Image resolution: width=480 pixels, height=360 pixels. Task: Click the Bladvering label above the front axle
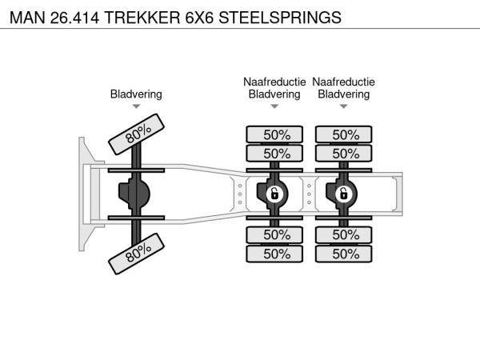(136, 94)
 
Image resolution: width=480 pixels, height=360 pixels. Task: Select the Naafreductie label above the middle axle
(274, 82)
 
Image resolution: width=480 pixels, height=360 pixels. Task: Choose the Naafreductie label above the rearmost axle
(344, 82)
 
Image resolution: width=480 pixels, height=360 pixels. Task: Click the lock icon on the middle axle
(274, 194)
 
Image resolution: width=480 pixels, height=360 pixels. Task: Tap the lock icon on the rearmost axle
(344, 194)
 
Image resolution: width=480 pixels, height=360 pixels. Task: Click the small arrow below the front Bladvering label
(136, 106)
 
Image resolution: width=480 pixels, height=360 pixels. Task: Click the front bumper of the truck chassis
(83, 194)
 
